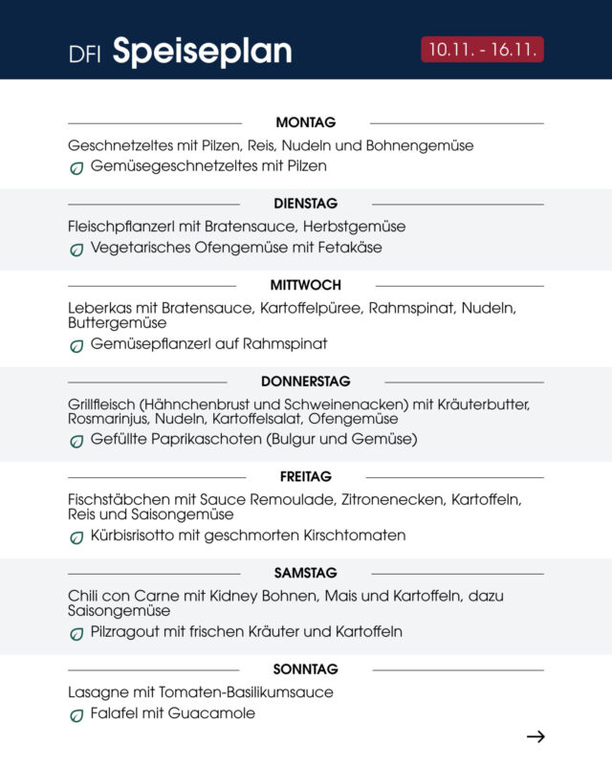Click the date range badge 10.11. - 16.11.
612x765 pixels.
click(x=482, y=50)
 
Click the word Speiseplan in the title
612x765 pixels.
click(x=202, y=52)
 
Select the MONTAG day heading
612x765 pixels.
click(x=306, y=122)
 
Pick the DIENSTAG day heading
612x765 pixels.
click(x=305, y=204)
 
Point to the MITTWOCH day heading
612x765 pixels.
click(x=305, y=285)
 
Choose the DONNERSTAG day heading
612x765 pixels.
click(x=305, y=381)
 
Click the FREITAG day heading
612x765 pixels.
click(x=306, y=476)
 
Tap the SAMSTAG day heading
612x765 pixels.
click(x=305, y=573)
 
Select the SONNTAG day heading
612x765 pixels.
click(x=305, y=669)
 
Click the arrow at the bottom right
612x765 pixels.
click(x=535, y=736)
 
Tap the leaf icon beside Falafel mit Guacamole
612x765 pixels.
click(x=76, y=715)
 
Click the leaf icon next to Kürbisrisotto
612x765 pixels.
click(x=76, y=537)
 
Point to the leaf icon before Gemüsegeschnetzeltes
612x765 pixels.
click(x=76, y=167)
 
